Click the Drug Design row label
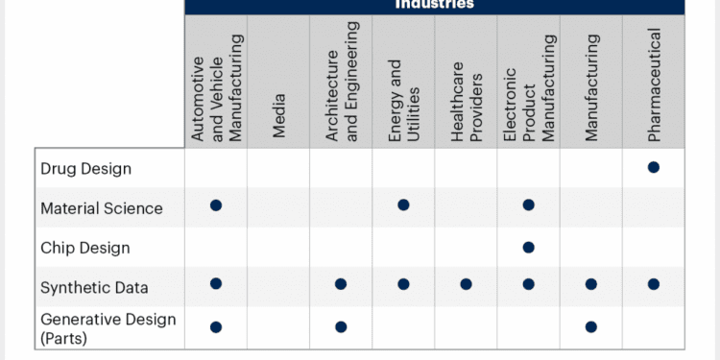tap(85, 169)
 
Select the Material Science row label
tap(102, 208)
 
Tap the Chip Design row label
tap(84, 248)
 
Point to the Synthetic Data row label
tap(94, 286)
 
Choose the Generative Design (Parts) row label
tap(108, 327)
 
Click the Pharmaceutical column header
tap(654, 85)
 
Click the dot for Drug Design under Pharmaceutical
tap(654, 167)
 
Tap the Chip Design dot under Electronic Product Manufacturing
tap(528, 247)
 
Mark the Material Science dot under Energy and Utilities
tap(403, 204)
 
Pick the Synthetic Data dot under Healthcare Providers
tap(467, 283)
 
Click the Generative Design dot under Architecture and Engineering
tap(341, 326)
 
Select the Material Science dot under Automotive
tap(216, 204)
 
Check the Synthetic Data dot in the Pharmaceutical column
tap(654, 283)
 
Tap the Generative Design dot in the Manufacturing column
tap(591, 326)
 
